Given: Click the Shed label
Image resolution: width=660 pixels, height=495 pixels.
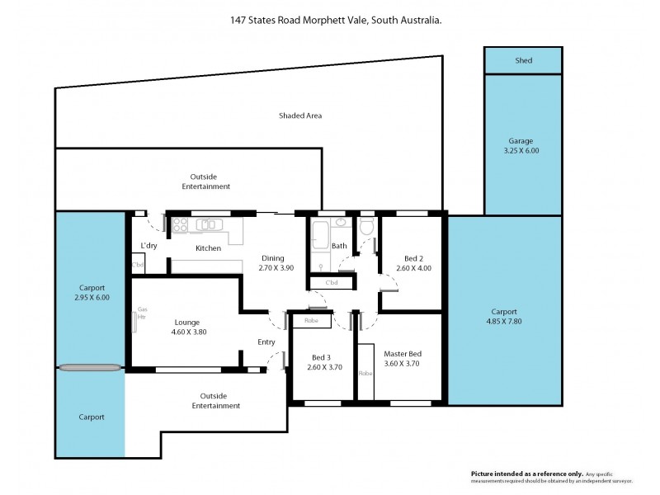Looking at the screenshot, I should coord(523,60).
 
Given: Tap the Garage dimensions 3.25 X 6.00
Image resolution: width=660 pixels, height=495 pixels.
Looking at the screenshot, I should coord(521,151).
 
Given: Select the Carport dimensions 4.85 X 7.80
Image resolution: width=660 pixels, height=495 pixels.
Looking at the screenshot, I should coord(503,323).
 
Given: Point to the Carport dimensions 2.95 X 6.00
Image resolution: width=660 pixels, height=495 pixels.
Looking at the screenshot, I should coord(92,297).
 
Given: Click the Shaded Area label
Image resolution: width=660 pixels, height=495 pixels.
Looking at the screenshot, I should coord(299,115).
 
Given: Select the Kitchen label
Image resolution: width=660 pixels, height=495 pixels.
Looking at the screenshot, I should coord(208,248).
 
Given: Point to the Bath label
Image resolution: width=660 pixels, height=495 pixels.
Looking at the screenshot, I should coord(339,246).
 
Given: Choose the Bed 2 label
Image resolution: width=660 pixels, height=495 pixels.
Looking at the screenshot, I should coord(413,257).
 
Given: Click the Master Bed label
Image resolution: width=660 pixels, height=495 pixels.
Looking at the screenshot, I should coord(403,354).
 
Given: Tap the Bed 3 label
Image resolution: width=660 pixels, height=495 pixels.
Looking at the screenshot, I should coord(322,357).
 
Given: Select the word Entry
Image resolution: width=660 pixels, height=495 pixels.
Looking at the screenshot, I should coord(266,342).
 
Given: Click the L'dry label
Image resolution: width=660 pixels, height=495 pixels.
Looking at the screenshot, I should coord(148,246).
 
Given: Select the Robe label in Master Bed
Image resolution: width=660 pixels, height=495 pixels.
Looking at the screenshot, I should coord(365,373).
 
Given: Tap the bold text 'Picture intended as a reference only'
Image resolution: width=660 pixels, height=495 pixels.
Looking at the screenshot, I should coord(526,474).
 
